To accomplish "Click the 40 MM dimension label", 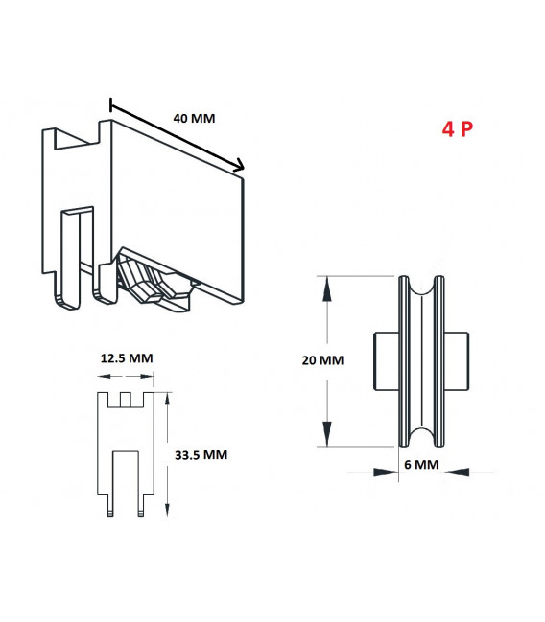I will tap(194, 119).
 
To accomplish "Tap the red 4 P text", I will tap(457, 129).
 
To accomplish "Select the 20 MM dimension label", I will tap(322, 360).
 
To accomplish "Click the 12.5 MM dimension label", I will tap(127, 357).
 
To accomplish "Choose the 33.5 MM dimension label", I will tap(201, 454).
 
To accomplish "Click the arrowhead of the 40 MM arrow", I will tap(240, 167).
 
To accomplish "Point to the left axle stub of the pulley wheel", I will tap(385, 361).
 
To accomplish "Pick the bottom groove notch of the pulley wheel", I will tap(422, 438).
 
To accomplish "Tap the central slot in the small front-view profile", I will tap(127, 479).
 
